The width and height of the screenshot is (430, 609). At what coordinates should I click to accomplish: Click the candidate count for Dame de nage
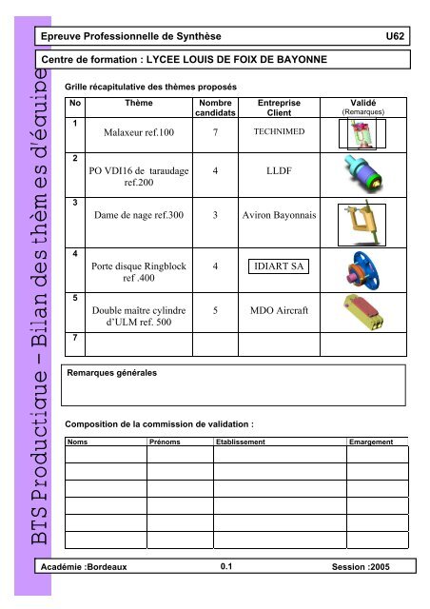click(x=217, y=215)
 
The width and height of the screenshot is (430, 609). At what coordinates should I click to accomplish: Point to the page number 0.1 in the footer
click(x=226, y=567)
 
